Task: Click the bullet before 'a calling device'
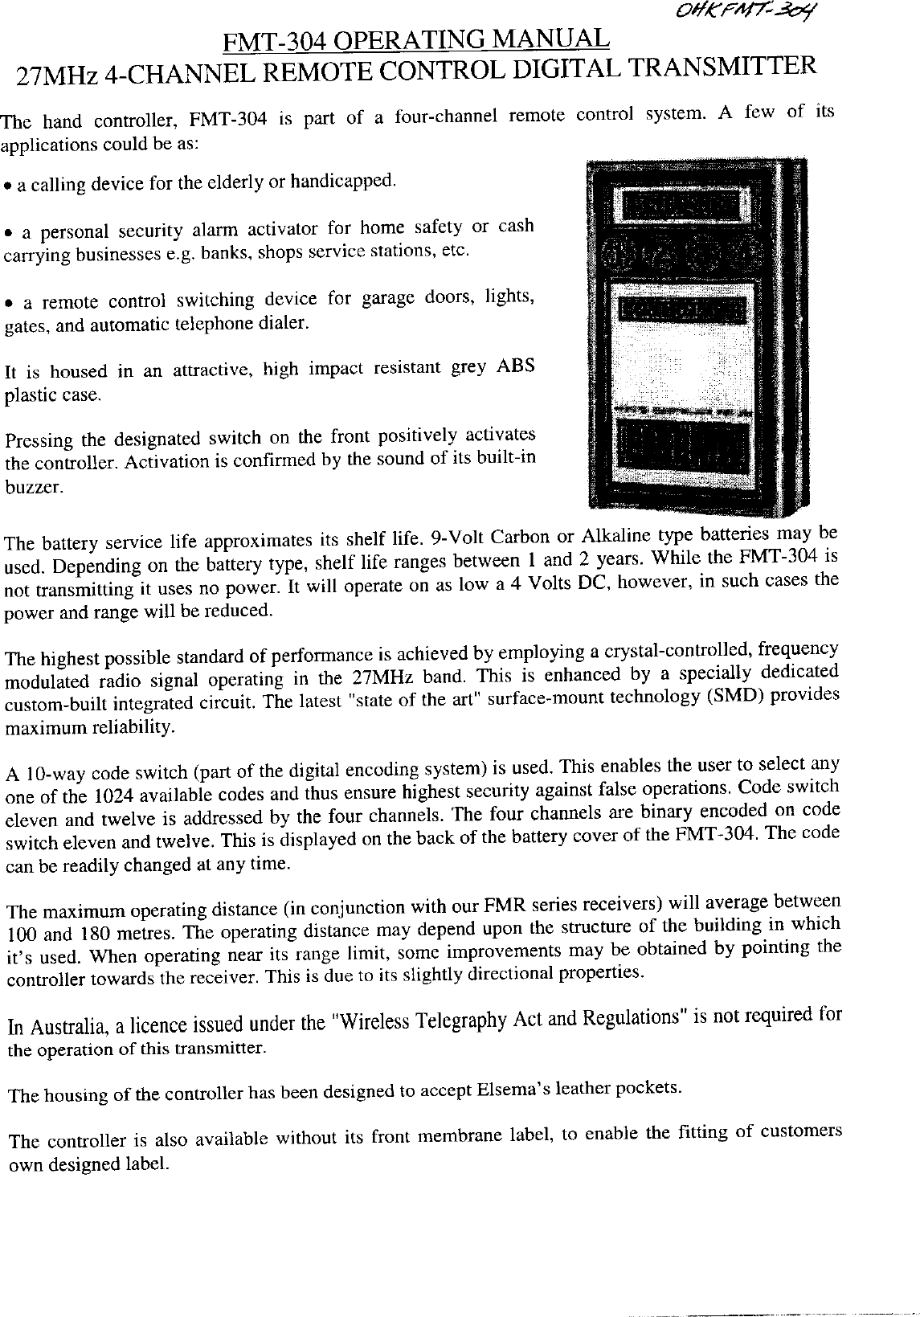7,186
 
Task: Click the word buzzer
29,487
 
